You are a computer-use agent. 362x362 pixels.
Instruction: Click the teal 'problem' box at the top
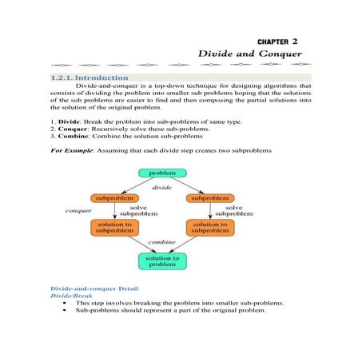coord(161,173)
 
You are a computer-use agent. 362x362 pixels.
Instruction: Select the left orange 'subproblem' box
coord(113,197)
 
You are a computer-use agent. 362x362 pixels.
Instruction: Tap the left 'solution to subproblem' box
coord(113,228)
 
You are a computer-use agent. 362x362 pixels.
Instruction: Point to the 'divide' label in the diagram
coord(162,186)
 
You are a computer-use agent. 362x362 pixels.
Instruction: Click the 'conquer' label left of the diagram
coord(78,211)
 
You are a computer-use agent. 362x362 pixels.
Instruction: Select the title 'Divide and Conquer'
coord(250,54)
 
